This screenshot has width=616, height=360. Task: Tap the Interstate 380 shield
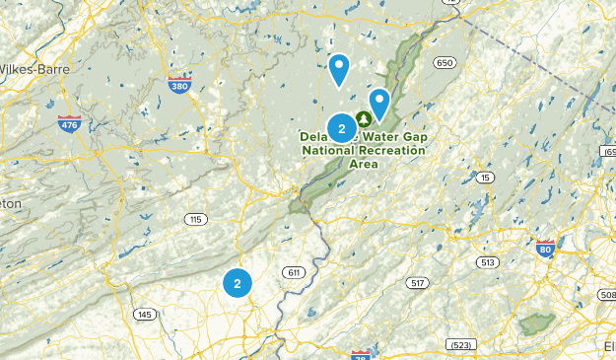tap(179, 85)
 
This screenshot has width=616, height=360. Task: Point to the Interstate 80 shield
tap(545, 250)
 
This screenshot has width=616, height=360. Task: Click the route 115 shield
tap(196, 218)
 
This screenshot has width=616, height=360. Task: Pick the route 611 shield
tap(292, 272)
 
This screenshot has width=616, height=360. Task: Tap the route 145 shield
tap(145, 314)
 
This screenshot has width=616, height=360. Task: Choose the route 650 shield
tap(445, 63)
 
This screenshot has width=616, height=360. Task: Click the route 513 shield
tap(487, 261)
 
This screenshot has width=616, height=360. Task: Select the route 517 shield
tap(417, 283)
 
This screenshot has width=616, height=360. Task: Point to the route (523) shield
tap(459, 344)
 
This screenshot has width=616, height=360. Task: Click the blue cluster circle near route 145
tap(237, 283)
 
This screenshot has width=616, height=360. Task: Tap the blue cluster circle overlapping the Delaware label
tap(341, 128)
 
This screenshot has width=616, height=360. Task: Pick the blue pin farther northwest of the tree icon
tap(339, 68)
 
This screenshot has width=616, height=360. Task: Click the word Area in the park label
tap(365, 164)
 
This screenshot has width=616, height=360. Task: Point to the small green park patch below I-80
tap(537, 322)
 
